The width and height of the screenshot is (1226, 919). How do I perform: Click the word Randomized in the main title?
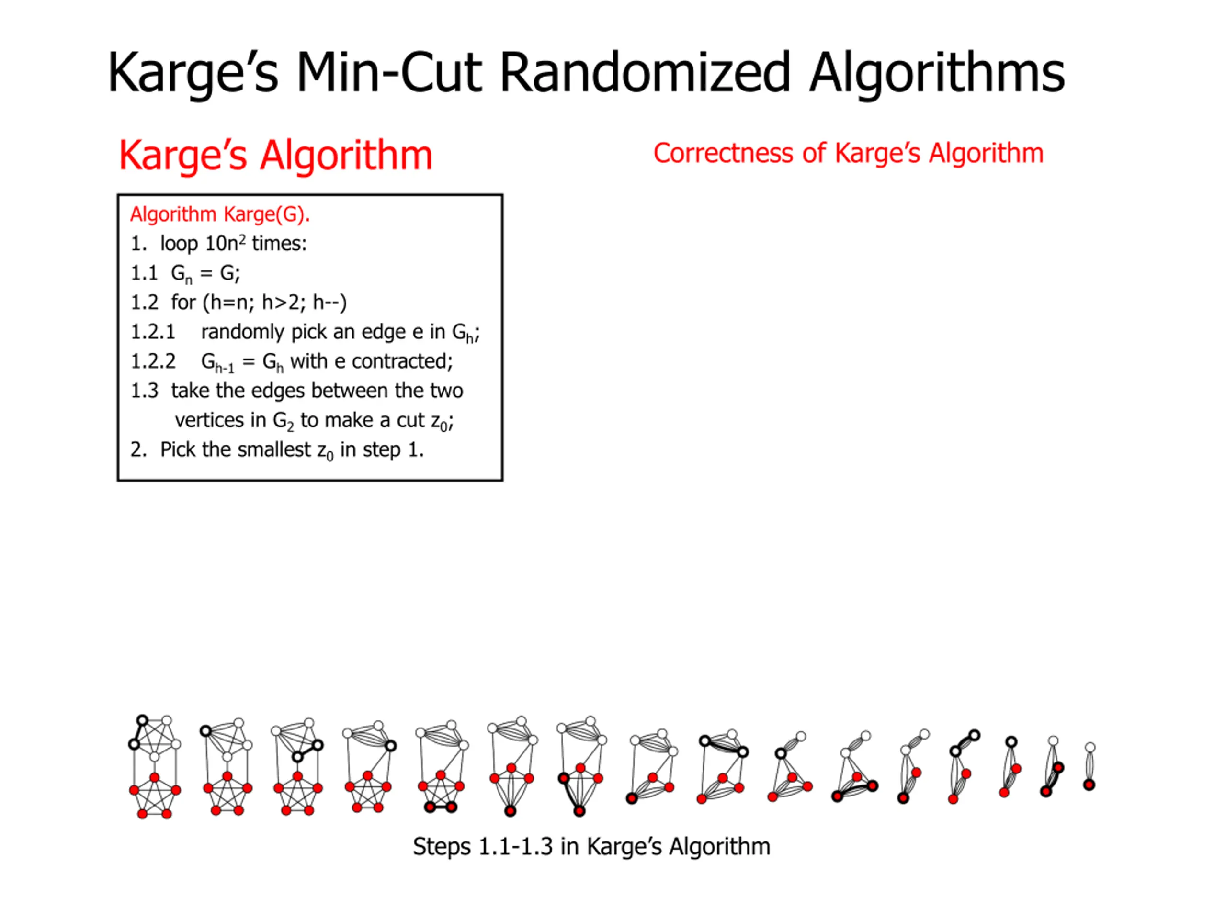point(645,73)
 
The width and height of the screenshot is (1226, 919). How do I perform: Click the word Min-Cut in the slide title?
point(388,73)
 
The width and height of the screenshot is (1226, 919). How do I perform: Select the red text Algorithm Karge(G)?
point(219,214)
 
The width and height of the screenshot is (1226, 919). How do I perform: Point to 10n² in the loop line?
point(225,244)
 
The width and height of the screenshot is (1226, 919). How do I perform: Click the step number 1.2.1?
point(152,332)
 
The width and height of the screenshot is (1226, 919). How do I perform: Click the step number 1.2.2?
point(152,361)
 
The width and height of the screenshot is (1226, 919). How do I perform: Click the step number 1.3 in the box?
point(144,391)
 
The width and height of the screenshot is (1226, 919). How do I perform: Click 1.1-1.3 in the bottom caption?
point(515,846)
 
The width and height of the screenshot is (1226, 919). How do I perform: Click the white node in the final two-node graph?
point(1090,748)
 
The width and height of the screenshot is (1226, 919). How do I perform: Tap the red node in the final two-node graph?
point(1089,785)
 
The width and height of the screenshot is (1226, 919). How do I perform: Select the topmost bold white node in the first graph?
point(142,721)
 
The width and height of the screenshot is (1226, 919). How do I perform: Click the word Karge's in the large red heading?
point(182,155)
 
